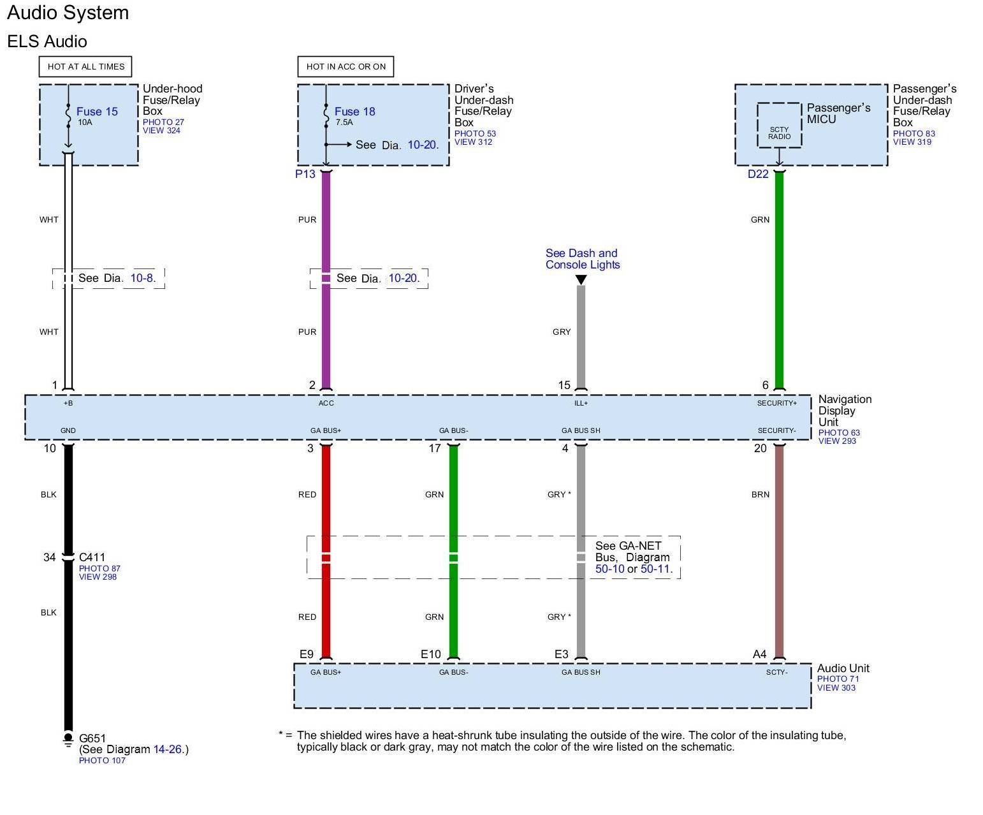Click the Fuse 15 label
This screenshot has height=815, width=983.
(x=97, y=112)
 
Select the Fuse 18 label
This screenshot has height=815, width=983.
(x=354, y=112)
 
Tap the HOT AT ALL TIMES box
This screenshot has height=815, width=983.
(x=85, y=66)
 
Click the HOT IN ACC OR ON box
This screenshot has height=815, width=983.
(x=346, y=66)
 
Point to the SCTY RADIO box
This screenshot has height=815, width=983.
(x=779, y=133)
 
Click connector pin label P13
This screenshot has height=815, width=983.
(x=305, y=174)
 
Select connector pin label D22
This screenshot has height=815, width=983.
(x=758, y=174)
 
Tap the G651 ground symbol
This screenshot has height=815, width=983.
(x=68, y=740)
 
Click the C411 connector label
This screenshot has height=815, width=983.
(x=92, y=557)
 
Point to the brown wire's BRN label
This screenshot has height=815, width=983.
(x=760, y=494)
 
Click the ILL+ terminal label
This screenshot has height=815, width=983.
(x=581, y=403)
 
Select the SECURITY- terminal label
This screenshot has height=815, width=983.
(x=776, y=430)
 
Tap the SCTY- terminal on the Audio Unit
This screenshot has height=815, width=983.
(x=776, y=672)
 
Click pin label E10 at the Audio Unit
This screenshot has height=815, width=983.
(x=430, y=654)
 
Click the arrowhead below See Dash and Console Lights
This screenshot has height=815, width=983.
(x=581, y=279)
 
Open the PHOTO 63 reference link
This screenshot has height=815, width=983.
(x=839, y=432)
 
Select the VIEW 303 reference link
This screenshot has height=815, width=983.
(x=836, y=687)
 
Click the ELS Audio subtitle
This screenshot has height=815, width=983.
(x=47, y=41)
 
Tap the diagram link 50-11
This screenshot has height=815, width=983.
(x=655, y=569)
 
